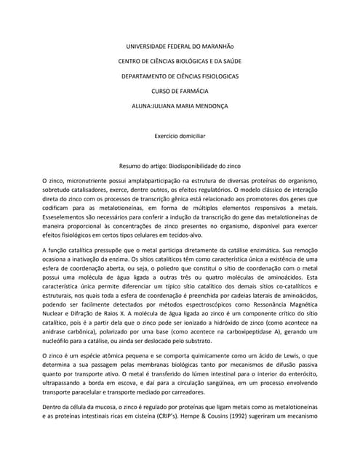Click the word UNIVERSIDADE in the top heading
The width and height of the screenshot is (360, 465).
[x=145, y=46]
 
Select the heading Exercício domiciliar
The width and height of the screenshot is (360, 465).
[x=180, y=136]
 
